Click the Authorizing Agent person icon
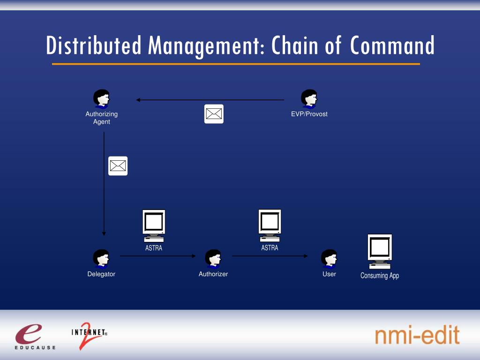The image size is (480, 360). (x=101, y=98)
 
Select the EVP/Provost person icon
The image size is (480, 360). (x=309, y=98)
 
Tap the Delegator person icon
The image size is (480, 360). (x=101, y=258)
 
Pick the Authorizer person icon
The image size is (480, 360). (x=213, y=258)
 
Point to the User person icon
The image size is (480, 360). (x=329, y=258)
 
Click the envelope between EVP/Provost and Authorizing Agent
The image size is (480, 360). (x=214, y=114)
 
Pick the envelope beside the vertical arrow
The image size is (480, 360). (x=118, y=166)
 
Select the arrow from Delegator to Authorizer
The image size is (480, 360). (x=157, y=256)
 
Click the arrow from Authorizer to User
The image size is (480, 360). (x=270, y=256)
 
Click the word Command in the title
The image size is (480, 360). (x=392, y=46)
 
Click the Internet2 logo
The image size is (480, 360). (x=89, y=335)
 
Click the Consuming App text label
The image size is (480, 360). (x=380, y=276)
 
